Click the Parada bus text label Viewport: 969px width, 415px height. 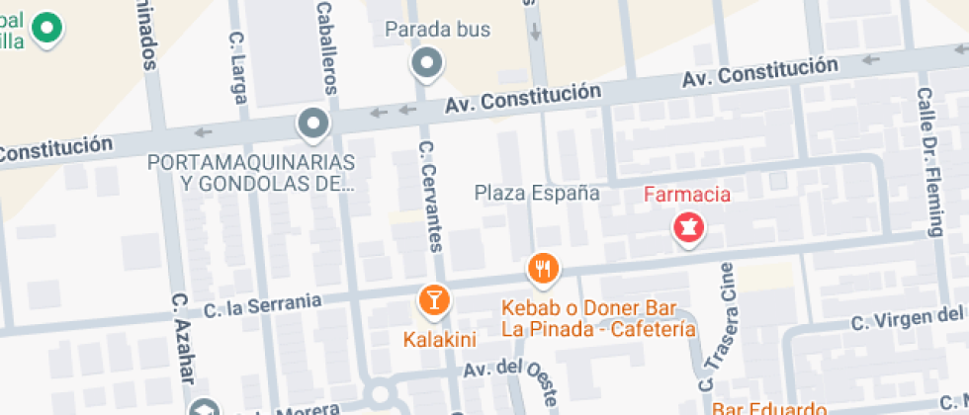pyautogui.click(x=437, y=30)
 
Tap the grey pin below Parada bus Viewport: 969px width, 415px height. pyautogui.click(x=427, y=64)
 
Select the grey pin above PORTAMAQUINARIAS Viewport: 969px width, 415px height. pyautogui.click(x=313, y=124)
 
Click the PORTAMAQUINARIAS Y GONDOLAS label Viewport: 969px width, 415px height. pyautogui.click(x=251, y=171)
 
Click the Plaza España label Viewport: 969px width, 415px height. pyautogui.click(x=537, y=193)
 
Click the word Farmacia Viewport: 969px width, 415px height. pyautogui.click(x=687, y=195)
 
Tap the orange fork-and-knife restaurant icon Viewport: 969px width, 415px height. pyautogui.click(x=543, y=267)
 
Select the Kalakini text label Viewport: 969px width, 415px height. pyautogui.click(x=440, y=340)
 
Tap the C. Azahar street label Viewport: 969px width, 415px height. pyautogui.click(x=182, y=340)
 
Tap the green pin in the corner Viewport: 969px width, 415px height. pyautogui.click(x=44, y=28)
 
